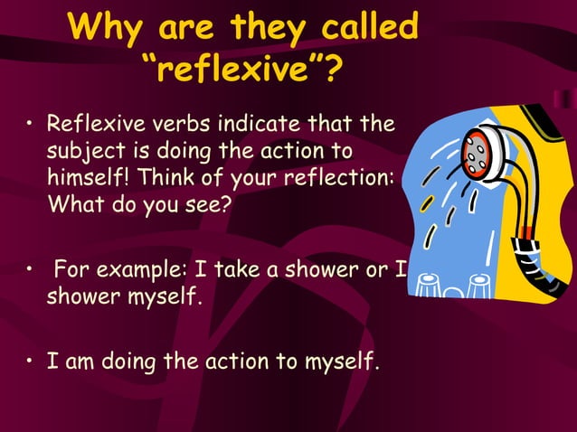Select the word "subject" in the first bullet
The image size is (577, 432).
click(82, 150)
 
